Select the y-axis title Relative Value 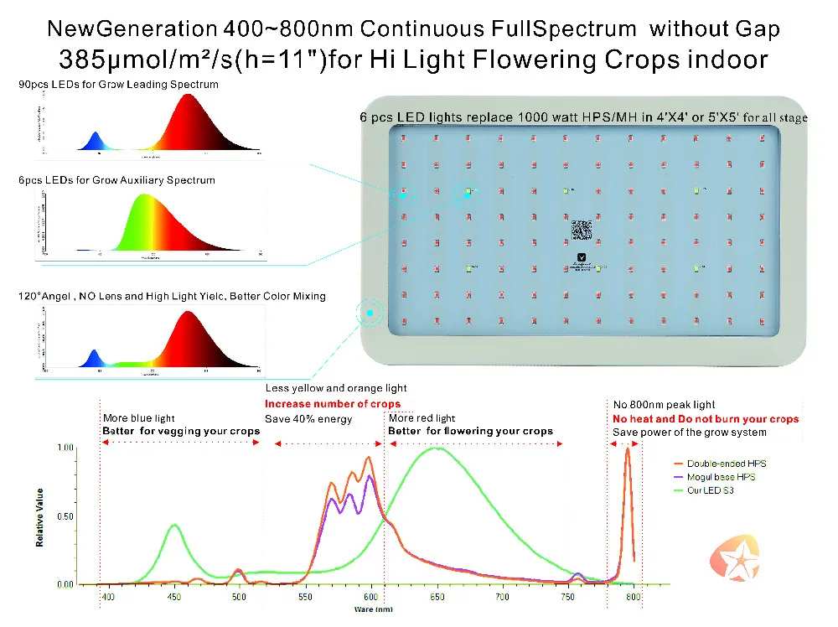pos(39,516)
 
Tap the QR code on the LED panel pos(582,228)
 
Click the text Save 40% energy pos(308,418)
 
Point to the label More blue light pos(139,417)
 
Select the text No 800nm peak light pos(664,405)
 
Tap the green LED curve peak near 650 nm pos(436,448)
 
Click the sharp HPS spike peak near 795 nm pos(628,449)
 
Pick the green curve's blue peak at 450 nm pos(173,525)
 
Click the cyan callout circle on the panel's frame pos(369,313)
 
